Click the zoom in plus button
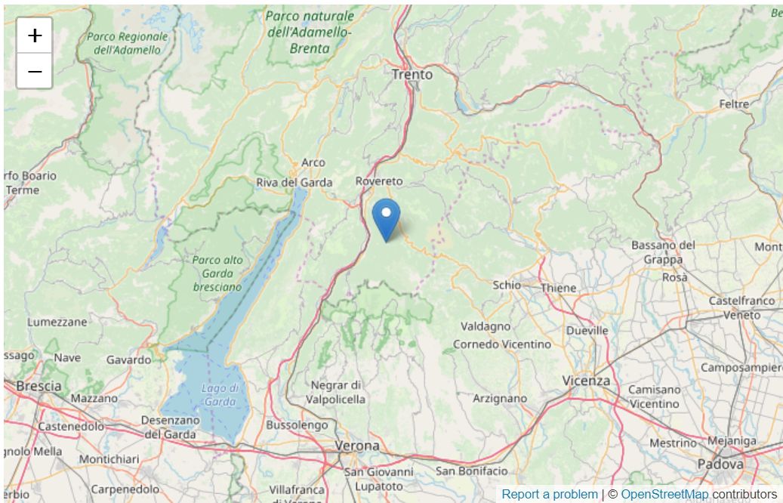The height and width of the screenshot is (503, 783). point(35,35)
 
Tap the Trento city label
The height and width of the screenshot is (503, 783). point(412,75)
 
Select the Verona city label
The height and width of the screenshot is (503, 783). point(357,446)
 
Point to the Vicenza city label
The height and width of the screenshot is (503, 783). point(586,381)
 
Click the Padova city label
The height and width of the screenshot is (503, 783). point(720,464)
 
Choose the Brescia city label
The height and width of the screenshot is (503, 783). point(39,386)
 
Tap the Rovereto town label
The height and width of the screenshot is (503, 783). point(379,181)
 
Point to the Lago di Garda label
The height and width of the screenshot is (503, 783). point(220,395)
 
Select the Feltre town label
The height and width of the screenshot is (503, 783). point(734,104)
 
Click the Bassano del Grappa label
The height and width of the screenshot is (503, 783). point(663,252)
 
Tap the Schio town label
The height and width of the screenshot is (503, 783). point(507,285)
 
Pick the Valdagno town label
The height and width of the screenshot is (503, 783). point(486,327)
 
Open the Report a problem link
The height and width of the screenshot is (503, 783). point(549,494)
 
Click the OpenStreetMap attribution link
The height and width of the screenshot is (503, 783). point(664,494)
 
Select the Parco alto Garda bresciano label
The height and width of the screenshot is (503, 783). point(217,273)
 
